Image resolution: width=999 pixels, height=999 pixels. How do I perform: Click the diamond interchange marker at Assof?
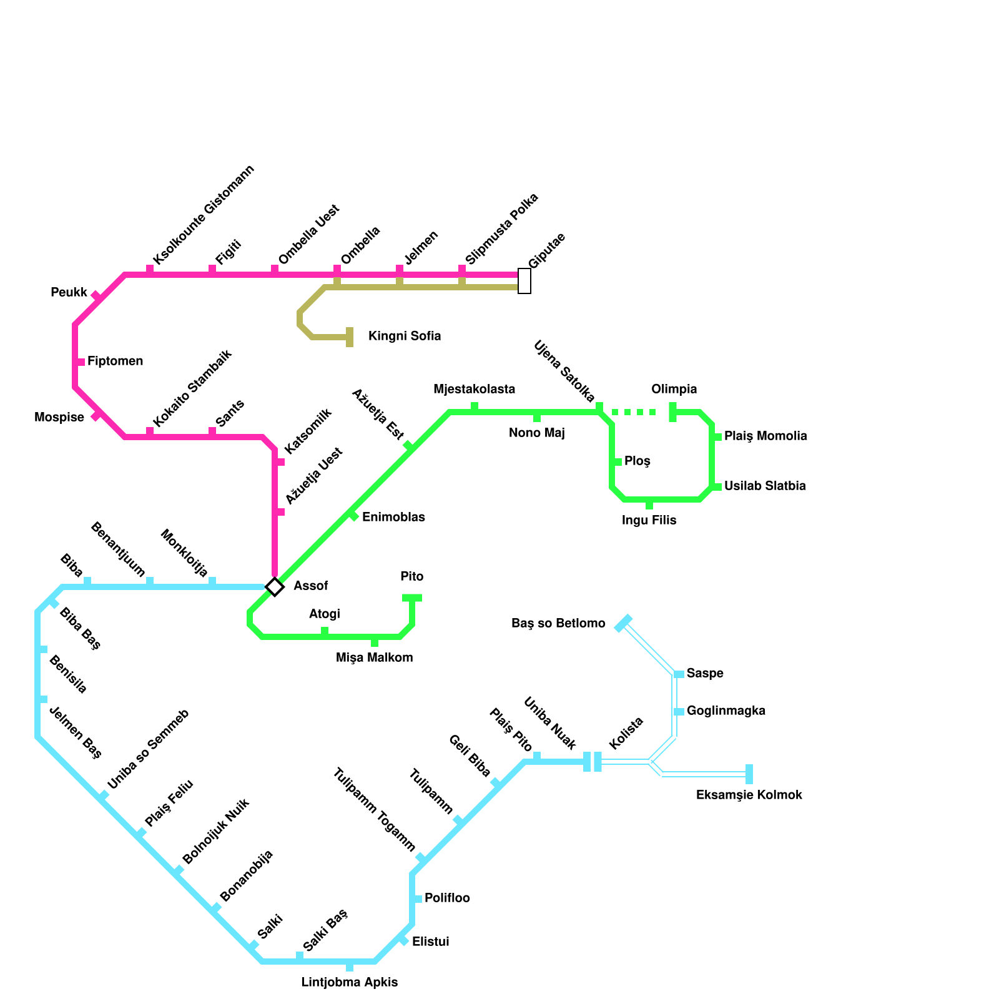click(275, 587)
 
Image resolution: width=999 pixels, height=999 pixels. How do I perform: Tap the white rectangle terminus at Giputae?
click(524, 281)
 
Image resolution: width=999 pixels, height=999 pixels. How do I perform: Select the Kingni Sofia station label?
click(405, 337)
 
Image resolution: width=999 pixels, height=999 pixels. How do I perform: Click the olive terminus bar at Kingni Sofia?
click(350, 337)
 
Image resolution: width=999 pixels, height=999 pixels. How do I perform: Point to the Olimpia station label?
click(674, 390)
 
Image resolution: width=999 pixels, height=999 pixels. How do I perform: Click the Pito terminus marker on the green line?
click(412, 598)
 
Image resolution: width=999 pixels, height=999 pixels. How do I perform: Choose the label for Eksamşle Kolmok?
click(749, 795)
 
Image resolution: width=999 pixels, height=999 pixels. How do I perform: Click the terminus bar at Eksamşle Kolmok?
click(749, 774)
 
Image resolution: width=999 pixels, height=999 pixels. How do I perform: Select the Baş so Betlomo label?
click(558, 624)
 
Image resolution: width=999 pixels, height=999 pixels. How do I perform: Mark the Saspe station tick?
click(679, 674)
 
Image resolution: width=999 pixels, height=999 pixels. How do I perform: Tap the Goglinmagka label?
click(726, 711)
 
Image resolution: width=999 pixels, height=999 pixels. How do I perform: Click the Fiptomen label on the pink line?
click(115, 362)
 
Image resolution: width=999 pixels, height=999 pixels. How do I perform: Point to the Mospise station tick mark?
click(96, 416)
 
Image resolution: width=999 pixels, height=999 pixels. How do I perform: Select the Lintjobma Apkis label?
click(349, 983)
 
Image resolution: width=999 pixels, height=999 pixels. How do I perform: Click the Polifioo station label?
click(447, 898)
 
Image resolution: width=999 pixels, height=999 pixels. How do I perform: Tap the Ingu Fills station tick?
click(649, 504)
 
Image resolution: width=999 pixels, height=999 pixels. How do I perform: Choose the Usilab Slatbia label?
click(765, 486)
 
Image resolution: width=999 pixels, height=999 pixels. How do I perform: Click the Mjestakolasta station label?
click(475, 390)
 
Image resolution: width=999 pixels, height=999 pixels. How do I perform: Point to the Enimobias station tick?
click(353, 516)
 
